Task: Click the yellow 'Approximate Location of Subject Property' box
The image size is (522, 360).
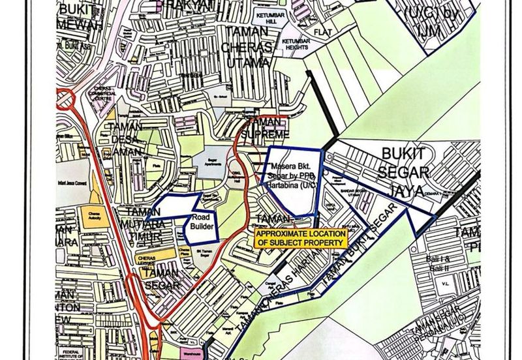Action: [299, 238]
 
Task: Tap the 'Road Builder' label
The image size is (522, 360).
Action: [202, 222]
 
